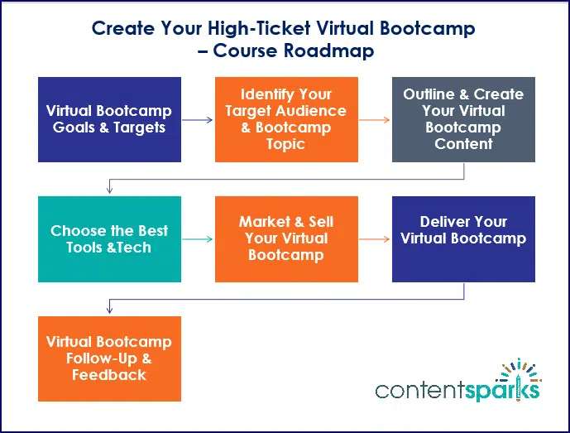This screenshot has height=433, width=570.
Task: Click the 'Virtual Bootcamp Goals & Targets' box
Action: pyautogui.click(x=109, y=119)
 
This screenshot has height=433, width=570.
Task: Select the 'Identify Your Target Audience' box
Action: pyautogui.click(x=286, y=119)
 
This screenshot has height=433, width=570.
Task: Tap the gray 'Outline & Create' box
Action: pyautogui.click(x=463, y=119)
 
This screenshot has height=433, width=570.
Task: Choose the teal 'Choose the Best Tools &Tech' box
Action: pyautogui.click(x=109, y=238)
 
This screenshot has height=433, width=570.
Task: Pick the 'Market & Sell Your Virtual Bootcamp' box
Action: pyautogui.click(x=286, y=238)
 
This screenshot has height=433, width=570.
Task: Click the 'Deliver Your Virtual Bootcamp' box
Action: pyautogui.click(x=463, y=238)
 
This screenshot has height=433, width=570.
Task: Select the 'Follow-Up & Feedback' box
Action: pyautogui.click(x=109, y=358)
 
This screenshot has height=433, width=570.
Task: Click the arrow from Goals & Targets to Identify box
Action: pyautogui.click(x=198, y=120)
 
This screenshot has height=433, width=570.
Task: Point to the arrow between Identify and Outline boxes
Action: pyautogui.click(x=375, y=120)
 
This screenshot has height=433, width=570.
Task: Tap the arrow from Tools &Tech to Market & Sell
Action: pyautogui.click(x=198, y=239)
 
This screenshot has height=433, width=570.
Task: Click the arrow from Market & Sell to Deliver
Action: pyautogui.click(x=375, y=239)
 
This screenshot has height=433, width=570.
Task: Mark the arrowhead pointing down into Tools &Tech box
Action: pyautogui.click(x=109, y=191)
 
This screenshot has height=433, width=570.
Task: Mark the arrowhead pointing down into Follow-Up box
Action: pyautogui.click(x=109, y=310)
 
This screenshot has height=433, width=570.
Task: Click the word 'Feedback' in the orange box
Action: pyautogui.click(x=109, y=374)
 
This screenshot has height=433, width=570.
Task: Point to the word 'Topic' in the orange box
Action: pyautogui.click(x=286, y=144)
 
